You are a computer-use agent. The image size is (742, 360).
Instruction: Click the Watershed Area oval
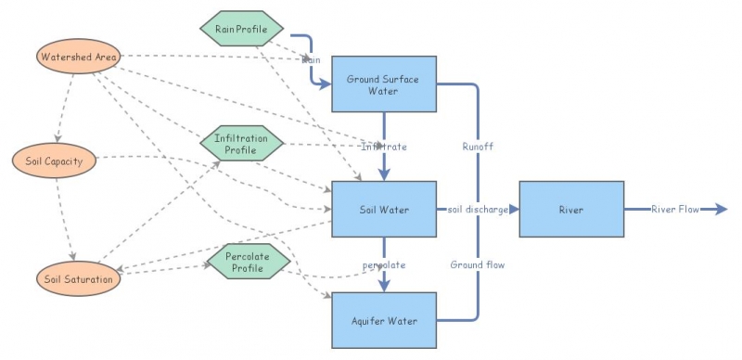(x=79, y=58)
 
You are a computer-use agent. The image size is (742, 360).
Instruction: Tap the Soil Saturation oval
(x=78, y=277)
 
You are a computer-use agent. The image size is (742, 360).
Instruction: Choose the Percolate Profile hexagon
(x=241, y=261)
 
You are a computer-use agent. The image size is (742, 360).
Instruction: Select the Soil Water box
(x=383, y=210)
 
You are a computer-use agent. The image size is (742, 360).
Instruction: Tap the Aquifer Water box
(x=383, y=321)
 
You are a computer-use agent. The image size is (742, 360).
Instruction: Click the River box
(x=570, y=210)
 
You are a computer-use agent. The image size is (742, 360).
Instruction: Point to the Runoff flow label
(x=478, y=147)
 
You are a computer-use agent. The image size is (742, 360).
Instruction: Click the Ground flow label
(x=478, y=264)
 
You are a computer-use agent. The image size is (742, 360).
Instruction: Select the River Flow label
(x=674, y=210)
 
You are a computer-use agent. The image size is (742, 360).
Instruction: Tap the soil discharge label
(x=478, y=210)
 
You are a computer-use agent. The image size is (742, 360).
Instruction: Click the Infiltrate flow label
(x=383, y=147)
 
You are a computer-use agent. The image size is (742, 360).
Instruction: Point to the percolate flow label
(x=383, y=264)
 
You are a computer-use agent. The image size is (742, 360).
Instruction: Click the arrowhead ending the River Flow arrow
(x=722, y=210)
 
